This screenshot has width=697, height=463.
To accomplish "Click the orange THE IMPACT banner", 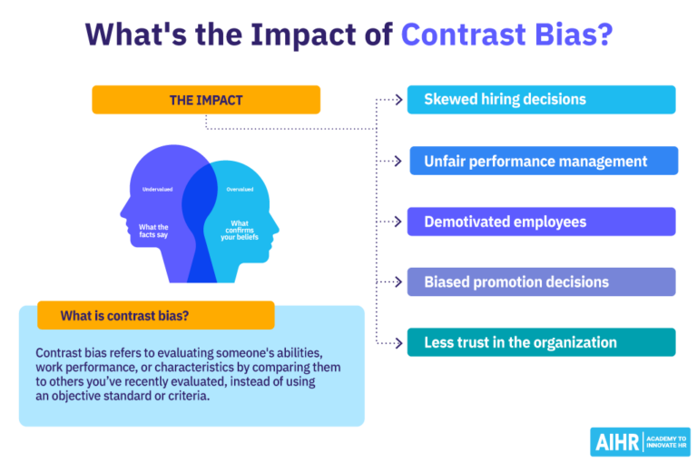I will tap(206, 100).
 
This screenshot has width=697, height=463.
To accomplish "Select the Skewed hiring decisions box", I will tap(541, 100).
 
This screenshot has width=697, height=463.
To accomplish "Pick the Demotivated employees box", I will tap(541, 222).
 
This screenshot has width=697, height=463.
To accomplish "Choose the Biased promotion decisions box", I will tap(541, 281).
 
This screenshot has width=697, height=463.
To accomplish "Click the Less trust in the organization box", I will tap(541, 342).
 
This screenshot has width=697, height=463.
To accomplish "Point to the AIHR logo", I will tap(639, 441).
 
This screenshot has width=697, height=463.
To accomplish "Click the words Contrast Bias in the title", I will tap(506, 34).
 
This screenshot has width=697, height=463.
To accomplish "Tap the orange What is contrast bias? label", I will tap(155, 316).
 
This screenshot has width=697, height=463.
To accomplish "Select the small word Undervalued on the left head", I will tap(157, 190).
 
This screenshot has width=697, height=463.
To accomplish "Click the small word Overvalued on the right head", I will tap(241, 190).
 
